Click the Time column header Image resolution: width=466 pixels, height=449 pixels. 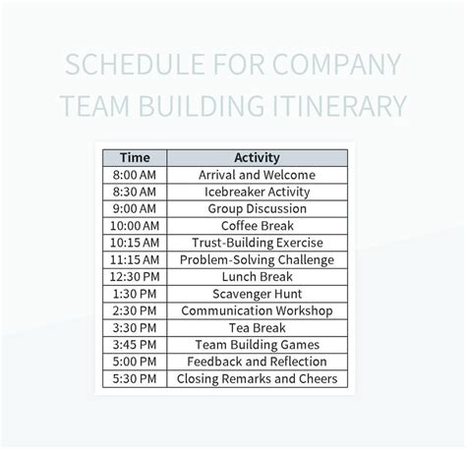point(135,157)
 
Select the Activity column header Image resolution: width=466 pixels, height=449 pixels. point(258,157)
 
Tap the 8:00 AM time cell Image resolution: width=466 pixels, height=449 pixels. point(135,174)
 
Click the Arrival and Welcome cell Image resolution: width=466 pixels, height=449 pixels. point(258,174)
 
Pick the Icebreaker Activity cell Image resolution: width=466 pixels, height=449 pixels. point(258,192)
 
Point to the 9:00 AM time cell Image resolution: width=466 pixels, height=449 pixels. point(135,208)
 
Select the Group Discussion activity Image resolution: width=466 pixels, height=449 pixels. point(258,208)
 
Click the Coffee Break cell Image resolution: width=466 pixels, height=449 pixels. point(258,226)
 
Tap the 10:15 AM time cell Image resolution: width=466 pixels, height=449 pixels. point(135,243)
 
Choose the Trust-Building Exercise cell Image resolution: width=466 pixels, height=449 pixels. point(258,243)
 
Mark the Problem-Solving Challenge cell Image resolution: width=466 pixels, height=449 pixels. point(258,259)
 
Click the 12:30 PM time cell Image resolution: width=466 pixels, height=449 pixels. point(135,277)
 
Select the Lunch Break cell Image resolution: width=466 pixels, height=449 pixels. point(258,277)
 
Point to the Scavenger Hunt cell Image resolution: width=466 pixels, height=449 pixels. point(258,294)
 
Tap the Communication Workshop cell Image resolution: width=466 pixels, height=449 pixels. point(258,310)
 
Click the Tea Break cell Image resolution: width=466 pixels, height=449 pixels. point(258,327)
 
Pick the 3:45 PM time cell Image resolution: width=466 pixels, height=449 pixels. point(135,345)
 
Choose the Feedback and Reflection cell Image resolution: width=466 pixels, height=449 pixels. point(258,362)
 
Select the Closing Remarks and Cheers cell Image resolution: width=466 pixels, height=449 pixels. point(258,378)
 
